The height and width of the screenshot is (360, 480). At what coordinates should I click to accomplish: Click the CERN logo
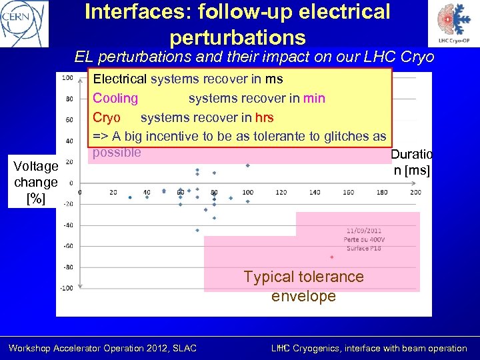click(x=25, y=23)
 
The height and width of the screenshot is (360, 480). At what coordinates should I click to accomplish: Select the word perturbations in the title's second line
click(x=237, y=37)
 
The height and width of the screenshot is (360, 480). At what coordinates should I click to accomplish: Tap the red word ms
click(x=274, y=79)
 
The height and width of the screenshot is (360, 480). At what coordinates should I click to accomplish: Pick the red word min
click(x=314, y=98)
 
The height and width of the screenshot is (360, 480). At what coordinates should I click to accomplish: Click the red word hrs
click(x=264, y=117)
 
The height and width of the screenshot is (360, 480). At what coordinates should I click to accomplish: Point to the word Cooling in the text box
click(x=115, y=98)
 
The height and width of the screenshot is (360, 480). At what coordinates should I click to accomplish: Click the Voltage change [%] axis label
click(x=36, y=182)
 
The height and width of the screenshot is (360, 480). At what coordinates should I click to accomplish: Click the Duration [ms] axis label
click(x=411, y=162)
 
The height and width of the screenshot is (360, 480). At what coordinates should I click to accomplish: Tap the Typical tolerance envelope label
click(x=303, y=286)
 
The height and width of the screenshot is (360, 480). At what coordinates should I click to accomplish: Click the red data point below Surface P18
click(x=331, y=257)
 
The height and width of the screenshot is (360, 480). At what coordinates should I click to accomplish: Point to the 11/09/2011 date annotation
click(x=364, y=231)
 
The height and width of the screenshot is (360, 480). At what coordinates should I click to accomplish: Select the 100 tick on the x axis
click(x=247, y=193)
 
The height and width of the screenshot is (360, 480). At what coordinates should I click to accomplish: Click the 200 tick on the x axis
click(x=415, y=193)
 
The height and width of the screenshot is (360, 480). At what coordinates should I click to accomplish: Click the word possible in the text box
click(x=117, y=152)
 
